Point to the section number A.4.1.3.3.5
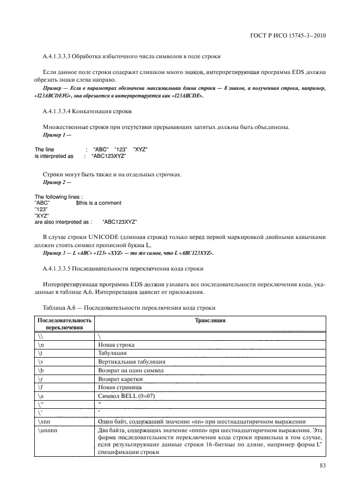58,269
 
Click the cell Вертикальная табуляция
132,361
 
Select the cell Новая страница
118,386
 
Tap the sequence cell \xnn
45,422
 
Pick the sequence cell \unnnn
47,431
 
